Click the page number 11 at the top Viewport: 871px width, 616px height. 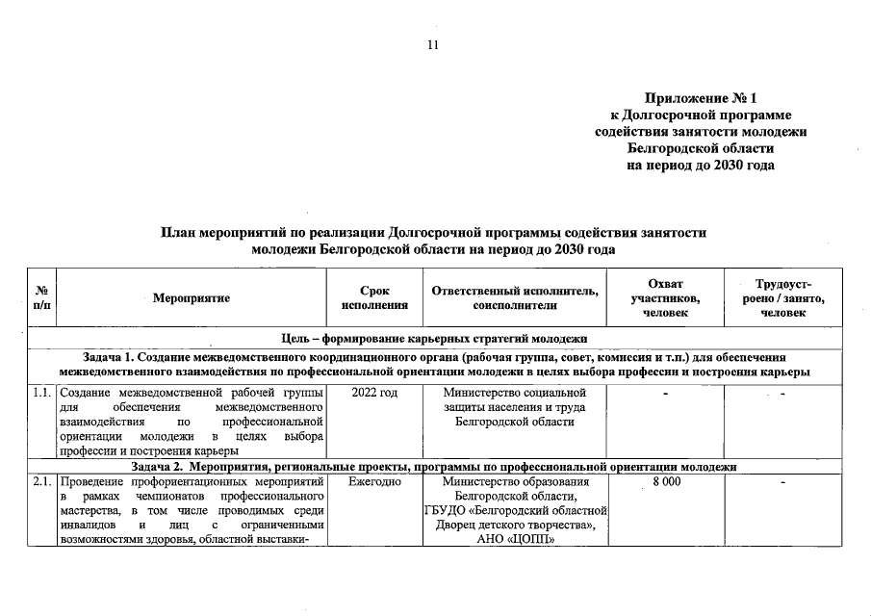coord(433,45)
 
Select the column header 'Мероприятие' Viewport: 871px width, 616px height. coord(192,298)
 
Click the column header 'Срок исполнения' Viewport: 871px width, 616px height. coord(374,297)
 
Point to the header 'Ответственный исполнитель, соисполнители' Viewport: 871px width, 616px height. coord(515,297)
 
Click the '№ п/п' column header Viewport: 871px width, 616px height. coord(42,297)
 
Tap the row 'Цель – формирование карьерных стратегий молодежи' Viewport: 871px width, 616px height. coord(433,339)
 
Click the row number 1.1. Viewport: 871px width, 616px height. coord(41,393)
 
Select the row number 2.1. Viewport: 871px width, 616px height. coord(41,480)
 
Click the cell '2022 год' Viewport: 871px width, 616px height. coord(374,393)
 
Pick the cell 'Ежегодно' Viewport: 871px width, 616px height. coord(374,480)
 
